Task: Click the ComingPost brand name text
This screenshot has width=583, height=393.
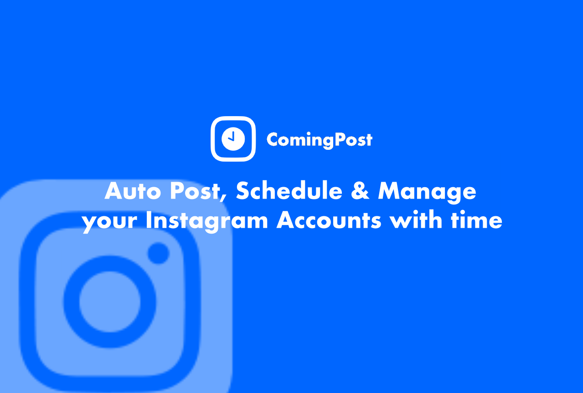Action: pos(319,139)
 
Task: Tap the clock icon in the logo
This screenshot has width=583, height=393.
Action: pos(233,138)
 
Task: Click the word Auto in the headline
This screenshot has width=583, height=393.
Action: pos(133,191)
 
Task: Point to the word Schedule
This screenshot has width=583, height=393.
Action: pos(289,191)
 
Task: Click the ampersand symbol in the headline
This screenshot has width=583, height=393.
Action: pos(360,191)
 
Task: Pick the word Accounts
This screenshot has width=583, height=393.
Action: pos(329,220)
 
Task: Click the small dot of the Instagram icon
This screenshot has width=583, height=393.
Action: pos(158,253)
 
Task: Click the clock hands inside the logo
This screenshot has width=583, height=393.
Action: pos(232,137)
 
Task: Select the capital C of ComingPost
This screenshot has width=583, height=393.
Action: pos(273,139)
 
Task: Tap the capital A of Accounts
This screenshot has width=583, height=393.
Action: pos(286,220)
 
